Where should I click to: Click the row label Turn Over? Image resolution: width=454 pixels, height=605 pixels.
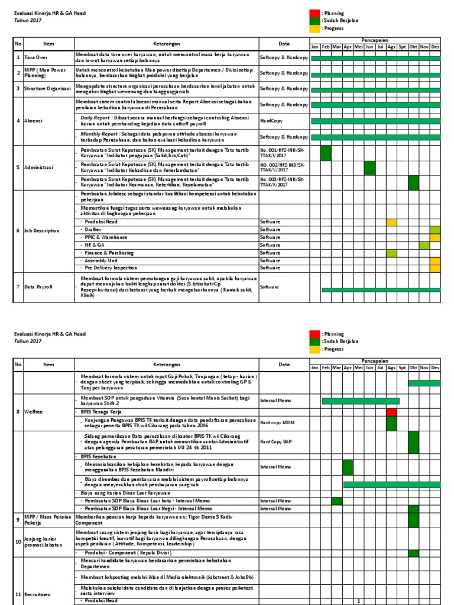37,57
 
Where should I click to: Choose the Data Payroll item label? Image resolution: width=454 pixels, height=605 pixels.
38,287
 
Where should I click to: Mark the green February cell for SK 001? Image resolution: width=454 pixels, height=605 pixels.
326,153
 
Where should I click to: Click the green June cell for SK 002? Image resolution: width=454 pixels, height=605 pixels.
369,168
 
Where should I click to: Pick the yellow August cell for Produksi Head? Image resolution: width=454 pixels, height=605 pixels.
391,222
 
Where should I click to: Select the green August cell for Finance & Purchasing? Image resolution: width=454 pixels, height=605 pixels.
391,253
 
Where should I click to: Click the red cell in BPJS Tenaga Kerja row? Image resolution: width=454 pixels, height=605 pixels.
391,412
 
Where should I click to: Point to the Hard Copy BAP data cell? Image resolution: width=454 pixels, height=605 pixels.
275,441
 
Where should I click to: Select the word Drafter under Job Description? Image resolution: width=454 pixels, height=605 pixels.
93,229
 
